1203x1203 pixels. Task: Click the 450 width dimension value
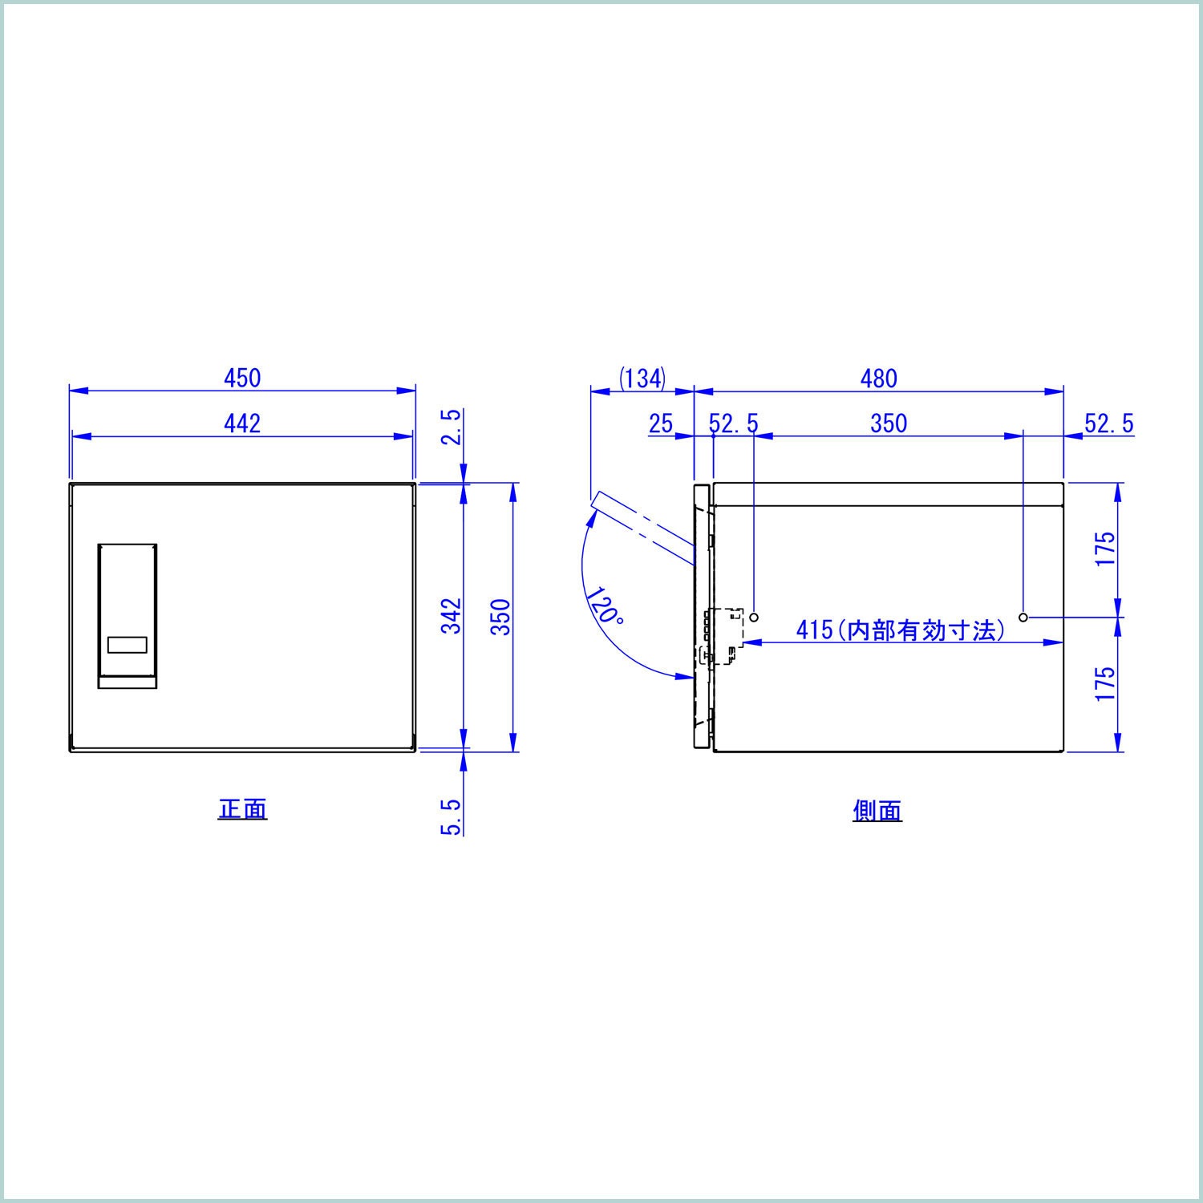242,377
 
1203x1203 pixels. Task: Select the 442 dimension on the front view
242,423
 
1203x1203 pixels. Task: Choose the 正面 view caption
242,808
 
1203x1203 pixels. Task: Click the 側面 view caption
877,811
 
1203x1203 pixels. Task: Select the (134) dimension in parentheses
642,378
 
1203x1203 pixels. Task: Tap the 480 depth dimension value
879,378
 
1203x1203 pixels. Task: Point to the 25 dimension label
661,423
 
